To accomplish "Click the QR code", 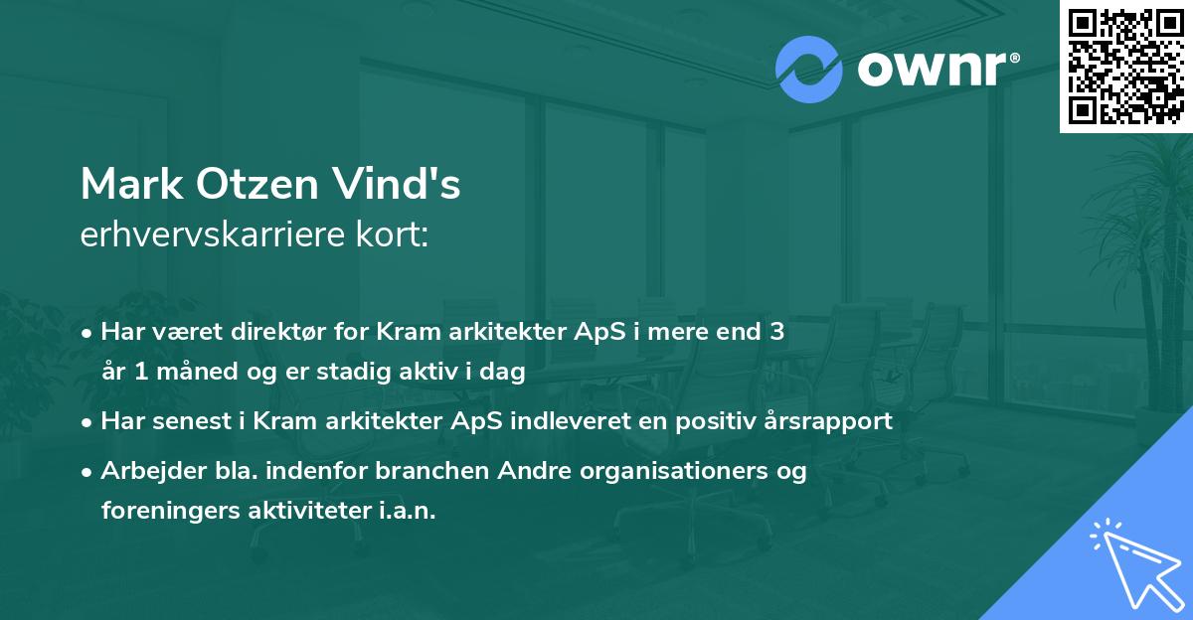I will [x=1126, y=66].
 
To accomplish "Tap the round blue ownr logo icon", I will [x=808, y=70].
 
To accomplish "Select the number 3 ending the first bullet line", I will [x=776, y=332].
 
